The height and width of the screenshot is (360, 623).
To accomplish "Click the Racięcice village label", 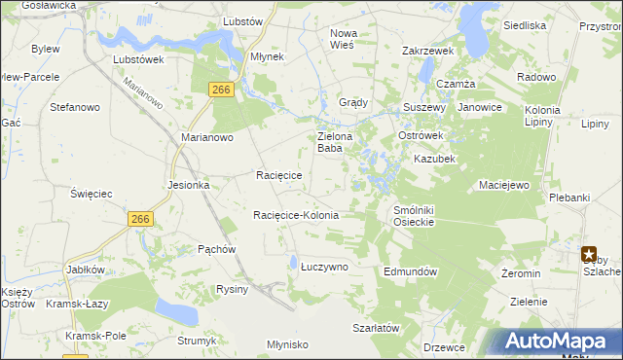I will click(x=278, y=175).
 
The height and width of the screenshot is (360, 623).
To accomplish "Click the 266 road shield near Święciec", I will click(x=140, y=220).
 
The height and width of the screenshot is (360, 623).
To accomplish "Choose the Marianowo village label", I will click(x=207, y=138).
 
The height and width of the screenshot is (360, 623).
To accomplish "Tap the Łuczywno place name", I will click(x=323, y=265).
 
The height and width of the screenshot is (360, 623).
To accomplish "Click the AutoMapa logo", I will click(x=555, y=342).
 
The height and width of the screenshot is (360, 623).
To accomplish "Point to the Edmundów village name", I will click(x=412, y=271).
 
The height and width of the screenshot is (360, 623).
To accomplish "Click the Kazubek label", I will click(x=434, y=158).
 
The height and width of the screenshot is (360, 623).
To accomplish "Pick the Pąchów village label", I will click(x=217, y=249).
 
